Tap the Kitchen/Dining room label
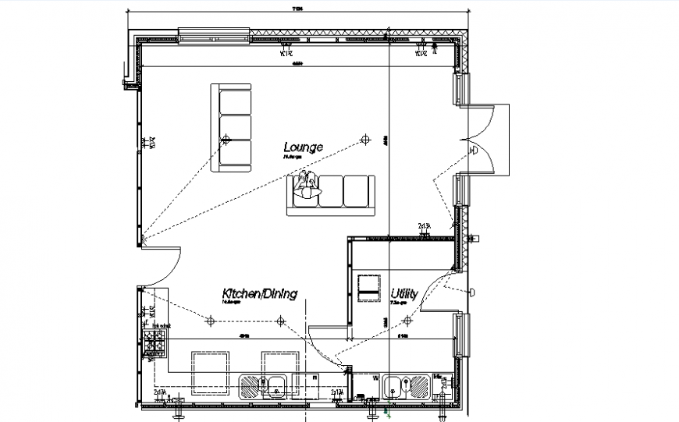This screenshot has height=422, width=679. pyautogui.click(x=259, y=293)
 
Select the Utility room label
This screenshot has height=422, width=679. pyautogui.click(x=404, y=294)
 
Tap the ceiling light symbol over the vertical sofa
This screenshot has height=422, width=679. pyautogui.click(x=226, y=140)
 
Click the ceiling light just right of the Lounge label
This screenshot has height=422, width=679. pyautogui.click(x=363, y=140)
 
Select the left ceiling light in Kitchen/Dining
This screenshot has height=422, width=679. pyautogui.click(x=209, y=320)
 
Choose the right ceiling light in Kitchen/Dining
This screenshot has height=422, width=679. pyautogui.click(x=280, y=320)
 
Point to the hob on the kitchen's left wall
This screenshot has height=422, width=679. pyautogui.click(x=154, y=342)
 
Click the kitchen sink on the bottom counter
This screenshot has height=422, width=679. pyautogui.click(x=265, y=385)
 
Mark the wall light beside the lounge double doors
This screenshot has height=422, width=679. pyautogui.click(x=474, y=151)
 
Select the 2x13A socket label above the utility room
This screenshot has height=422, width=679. pyautogui.click(x=425, y=226)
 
